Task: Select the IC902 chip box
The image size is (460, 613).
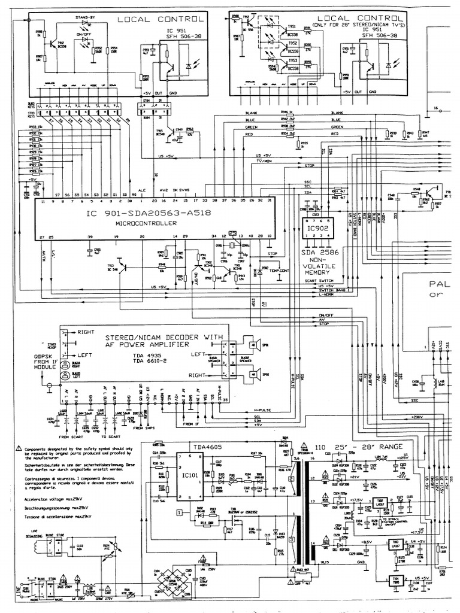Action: pyautogui.click(x=316, y=229)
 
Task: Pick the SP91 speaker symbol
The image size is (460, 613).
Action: pyautogui.click(x=255, y=345)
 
